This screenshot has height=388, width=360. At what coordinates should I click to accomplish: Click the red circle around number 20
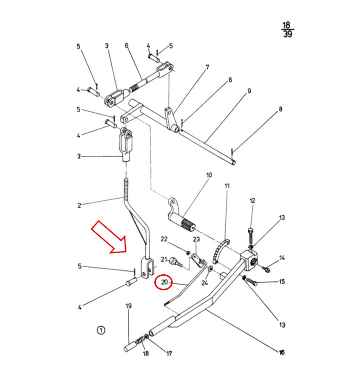tap(164, 282)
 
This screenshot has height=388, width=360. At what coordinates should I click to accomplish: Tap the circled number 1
tap(100, 330)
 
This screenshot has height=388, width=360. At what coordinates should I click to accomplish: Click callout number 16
tap(281, 352)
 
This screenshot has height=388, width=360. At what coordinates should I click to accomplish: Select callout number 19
tap(128, 306)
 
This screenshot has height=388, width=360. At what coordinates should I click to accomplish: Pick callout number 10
tap(209, 175)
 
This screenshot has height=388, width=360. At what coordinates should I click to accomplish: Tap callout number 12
tap(252, 201)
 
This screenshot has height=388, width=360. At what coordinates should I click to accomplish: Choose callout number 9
tap(249, 91)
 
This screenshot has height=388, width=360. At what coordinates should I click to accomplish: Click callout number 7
tap(207, 67)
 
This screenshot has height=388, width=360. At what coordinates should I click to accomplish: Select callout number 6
tap(126, 45)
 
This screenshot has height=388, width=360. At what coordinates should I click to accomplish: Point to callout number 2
tap(79, 205)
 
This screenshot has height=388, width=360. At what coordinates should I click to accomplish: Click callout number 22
tap(164, 239)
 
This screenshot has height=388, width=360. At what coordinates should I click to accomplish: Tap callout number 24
tap(204, 283)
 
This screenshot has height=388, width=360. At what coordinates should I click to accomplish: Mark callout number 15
tap(282, 282)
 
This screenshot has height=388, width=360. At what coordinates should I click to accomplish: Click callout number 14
tap(282, 258)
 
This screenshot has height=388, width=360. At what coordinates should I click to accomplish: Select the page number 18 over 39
tap(287, 30)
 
